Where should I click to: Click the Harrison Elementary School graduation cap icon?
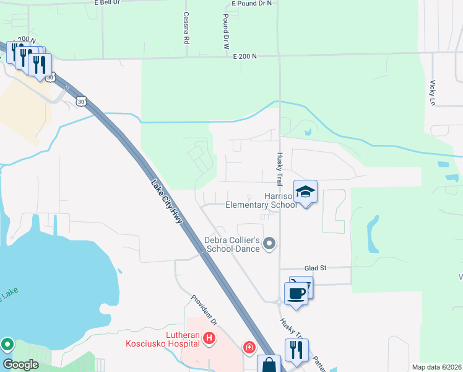coord(305,192)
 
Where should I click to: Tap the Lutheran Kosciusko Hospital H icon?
coord(209,338)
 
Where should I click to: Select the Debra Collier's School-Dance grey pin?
coord(269,243)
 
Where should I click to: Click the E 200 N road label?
coord(244,56)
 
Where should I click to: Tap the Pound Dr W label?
coord(227,33)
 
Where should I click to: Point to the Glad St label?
coord(315,268)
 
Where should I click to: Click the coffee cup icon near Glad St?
coord(296,293)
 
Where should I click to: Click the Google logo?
coord(21,365)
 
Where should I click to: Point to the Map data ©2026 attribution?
coord(436,367)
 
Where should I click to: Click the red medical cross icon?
coord(249,347)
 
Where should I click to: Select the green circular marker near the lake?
coord(7,343)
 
